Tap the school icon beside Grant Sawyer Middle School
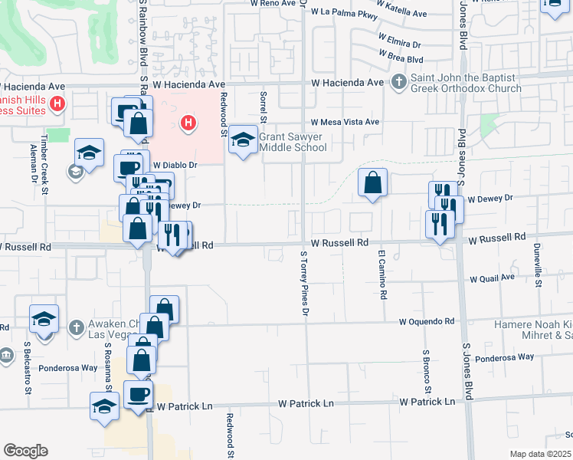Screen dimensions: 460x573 click(x=244, y=140)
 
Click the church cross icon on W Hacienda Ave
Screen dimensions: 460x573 click(x=398, y=82)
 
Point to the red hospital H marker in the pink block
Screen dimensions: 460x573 click(x=187, y=122)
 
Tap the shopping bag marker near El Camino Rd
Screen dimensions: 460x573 click(x=372, y=183)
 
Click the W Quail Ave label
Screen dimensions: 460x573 click(x=492, y=278)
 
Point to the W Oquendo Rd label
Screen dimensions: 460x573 click(x=426, y=322)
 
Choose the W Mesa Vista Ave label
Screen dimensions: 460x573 click(x=345, y=122)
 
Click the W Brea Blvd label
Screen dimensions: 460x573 click(x=401, y=59)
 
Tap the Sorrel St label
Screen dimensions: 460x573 click(x=262, y=106)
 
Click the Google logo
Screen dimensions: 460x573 click(x=25, y=451)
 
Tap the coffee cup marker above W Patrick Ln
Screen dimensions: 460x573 click(x=138, y=395)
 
